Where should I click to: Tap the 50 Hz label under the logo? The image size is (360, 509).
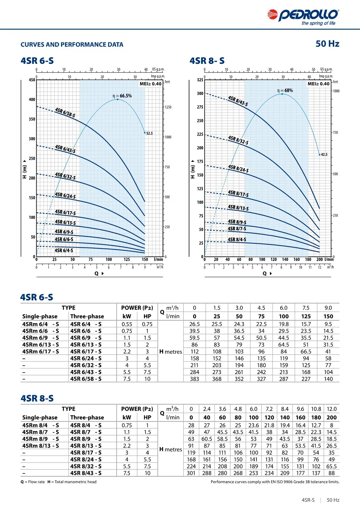point(327,44)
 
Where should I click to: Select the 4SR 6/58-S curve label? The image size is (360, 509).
point(65,112)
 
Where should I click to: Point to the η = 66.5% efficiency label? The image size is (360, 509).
point(122,96)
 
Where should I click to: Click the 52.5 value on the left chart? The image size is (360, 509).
point(150,134)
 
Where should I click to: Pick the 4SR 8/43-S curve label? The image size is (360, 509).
point(238,101)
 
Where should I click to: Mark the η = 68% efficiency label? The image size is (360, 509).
point(285,90)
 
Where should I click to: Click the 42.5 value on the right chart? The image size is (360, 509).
point(324,155)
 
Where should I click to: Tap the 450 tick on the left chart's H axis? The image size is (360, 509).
point(32,80)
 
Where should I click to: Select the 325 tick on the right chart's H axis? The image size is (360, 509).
point(200,80)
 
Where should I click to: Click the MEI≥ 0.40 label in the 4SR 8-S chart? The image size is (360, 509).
point(318,84)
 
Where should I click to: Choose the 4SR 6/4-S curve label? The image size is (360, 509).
point(64,250)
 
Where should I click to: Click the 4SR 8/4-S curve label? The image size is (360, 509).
point(237,239)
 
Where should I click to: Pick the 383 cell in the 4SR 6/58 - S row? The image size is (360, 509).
point(195,379)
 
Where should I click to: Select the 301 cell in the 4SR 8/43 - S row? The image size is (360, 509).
point(191,473)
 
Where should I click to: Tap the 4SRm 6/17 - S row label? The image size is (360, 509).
point(41,352)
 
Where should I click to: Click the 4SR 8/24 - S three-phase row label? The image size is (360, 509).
point(86,459)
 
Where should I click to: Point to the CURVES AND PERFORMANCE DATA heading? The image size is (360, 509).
point(72,45)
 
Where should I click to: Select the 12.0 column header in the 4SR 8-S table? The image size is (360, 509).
point(332,409)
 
